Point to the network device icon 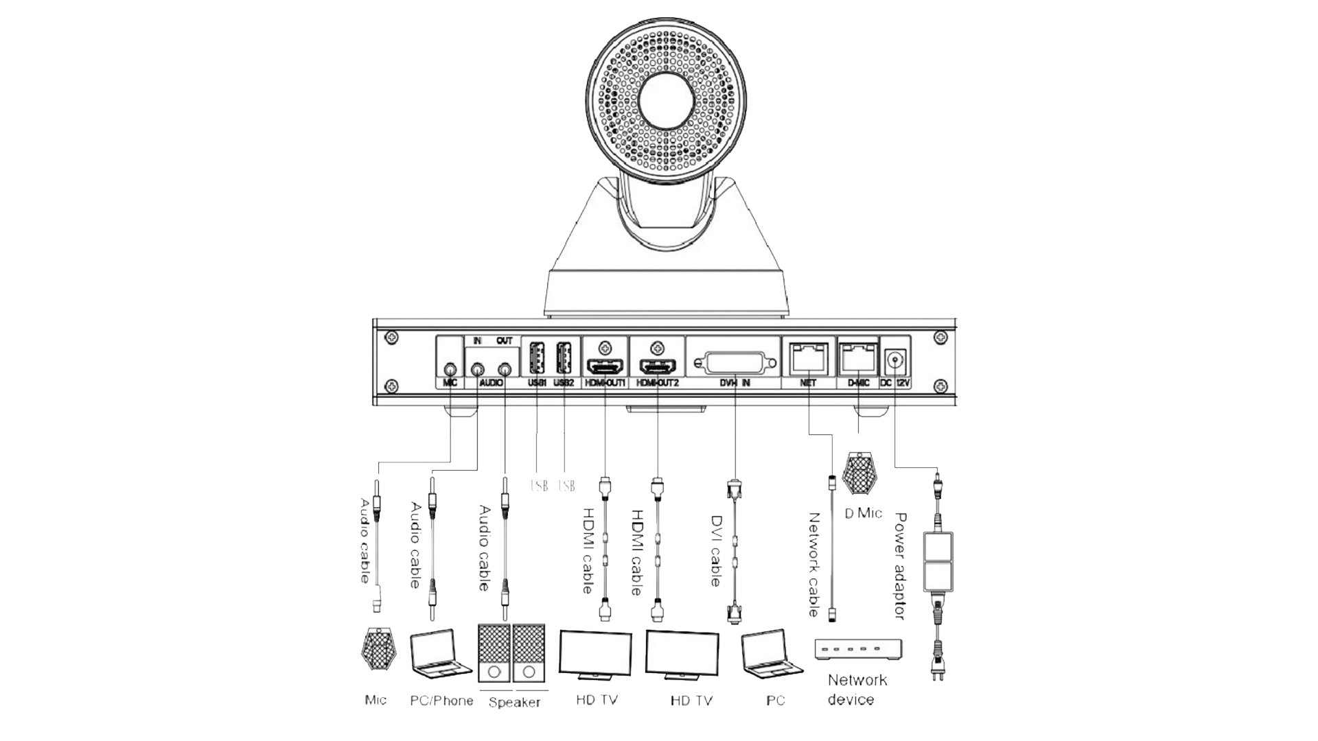(x=859, y=650)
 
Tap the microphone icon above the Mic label (x=377, y=649)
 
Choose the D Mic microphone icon (x=859, y=473)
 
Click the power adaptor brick (x=938, y=562)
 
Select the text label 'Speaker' (x=515, y=703)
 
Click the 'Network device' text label (x=856, y=690)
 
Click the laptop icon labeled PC (x=767, y=652)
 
